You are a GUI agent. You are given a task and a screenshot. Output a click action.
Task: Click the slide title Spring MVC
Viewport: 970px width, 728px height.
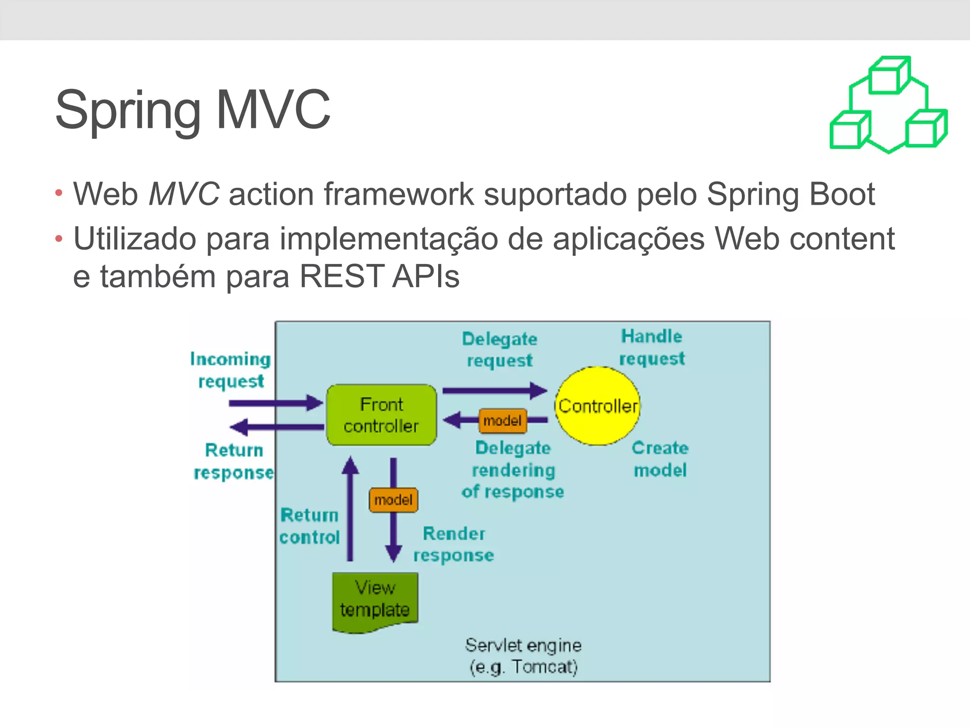pos(192,110)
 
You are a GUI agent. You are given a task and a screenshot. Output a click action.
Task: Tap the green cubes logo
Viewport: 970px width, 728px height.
pos(889,105)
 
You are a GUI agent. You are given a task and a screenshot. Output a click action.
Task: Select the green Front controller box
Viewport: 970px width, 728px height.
pos(381,415)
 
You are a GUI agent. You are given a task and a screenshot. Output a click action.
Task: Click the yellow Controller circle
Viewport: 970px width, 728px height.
pos(597,406)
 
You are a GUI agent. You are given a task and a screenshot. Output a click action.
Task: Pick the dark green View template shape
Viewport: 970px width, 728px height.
pos(375,600)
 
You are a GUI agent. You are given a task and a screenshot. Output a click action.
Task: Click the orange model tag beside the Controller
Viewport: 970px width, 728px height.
pos(503,421)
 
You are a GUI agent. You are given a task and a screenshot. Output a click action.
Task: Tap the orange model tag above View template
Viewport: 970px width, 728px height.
pos(393,500)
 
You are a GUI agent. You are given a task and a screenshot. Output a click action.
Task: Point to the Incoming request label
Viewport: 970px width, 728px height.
pos(231,370)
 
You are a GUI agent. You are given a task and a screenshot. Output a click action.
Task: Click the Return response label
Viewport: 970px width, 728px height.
pos(234,461)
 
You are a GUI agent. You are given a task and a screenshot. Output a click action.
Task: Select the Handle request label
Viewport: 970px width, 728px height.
pos(652,347)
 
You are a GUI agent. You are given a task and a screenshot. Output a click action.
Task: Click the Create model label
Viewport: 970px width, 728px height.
pos(660,459)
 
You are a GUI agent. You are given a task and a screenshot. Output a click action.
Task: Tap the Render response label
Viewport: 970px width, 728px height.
pos(454,544)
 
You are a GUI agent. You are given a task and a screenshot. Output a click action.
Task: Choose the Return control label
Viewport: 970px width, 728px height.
pos(310,526)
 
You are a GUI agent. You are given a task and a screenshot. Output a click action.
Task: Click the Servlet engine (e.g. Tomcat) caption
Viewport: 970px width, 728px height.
pos(523,656)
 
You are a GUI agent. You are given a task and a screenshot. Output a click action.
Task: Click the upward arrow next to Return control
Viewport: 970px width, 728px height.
pos(350,510)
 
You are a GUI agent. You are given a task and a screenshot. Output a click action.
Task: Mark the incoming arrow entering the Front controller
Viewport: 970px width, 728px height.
pos(275,403)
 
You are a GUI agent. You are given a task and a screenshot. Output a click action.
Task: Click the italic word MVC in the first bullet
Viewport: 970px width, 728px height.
pos(184,194)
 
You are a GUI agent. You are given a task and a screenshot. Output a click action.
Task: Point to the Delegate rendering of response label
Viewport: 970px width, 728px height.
pos(513,470)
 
